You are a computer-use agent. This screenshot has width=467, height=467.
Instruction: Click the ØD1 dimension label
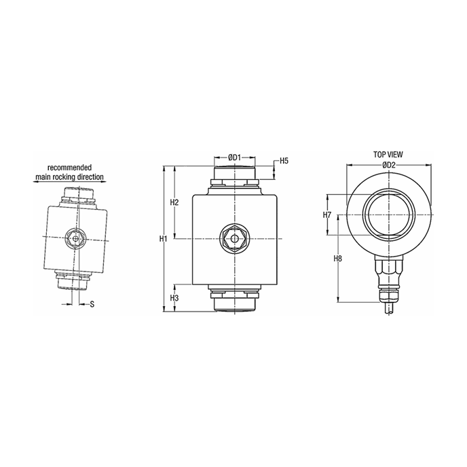click(234, 157)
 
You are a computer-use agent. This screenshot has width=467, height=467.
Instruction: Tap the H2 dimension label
click(174, 203)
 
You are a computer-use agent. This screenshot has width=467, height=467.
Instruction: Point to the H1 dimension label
click(163, 238)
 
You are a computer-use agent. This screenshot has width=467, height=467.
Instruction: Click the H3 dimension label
click(174, 298)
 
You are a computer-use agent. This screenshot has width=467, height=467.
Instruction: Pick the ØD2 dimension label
click(388, 165)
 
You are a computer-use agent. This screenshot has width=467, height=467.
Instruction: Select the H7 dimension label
click(327, 215)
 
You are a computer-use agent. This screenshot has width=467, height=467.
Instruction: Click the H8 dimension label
click(338, 259)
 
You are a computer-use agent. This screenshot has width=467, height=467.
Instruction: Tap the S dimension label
click(92, 303)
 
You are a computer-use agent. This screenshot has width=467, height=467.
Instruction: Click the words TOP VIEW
click(388, 155)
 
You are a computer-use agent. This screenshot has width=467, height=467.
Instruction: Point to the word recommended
click(69, 167)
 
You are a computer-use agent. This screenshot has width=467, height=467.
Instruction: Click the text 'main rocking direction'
click(70, 176)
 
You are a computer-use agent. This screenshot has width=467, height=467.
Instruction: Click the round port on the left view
click(75, 238)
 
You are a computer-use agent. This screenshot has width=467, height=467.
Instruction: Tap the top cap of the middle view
click(234, 174)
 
